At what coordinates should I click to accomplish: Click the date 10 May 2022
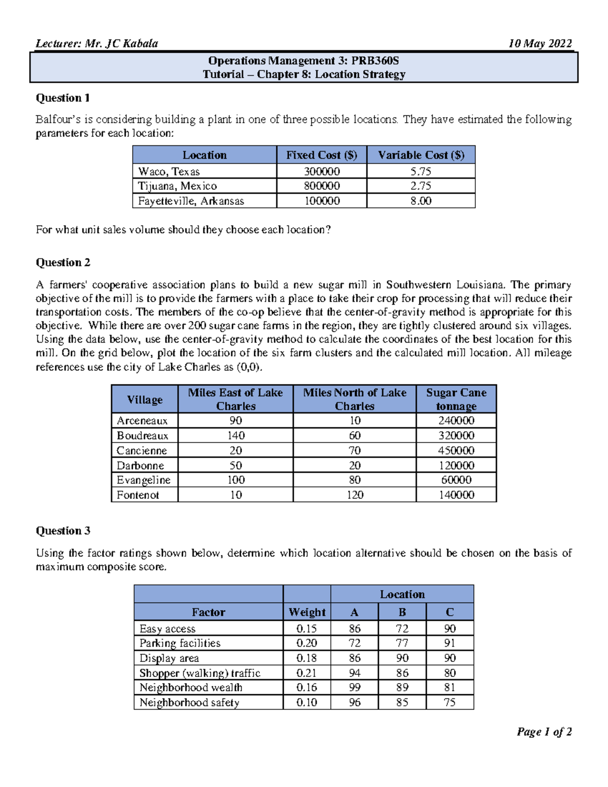point(540,44)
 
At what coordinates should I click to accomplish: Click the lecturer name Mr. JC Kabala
point(121,44)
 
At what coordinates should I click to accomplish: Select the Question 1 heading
point(62,98)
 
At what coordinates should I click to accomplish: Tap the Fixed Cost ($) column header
point(321,155)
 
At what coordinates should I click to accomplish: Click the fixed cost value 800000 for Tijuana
point(322,186)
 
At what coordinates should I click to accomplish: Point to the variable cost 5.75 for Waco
point(421,171)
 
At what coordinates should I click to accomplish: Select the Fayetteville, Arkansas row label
point(191,201)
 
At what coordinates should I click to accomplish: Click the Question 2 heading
point(63,263)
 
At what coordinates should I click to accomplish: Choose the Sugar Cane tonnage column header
point(456,399)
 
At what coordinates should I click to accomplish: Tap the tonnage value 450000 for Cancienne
point(456,451)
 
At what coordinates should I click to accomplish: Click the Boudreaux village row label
point(142,436)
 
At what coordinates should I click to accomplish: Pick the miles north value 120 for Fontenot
point(355,495)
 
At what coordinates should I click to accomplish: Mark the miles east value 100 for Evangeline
point(236,480)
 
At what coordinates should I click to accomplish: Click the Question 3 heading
point(63,531)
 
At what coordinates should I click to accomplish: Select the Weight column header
point(307,612)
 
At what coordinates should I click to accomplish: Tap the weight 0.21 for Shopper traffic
point(307,673)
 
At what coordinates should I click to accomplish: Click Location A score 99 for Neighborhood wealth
point(355,688)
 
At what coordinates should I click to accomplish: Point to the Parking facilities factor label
point(180,643)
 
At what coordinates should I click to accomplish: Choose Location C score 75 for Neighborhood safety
point(450,702)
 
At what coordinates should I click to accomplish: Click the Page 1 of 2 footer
point(544,732)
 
